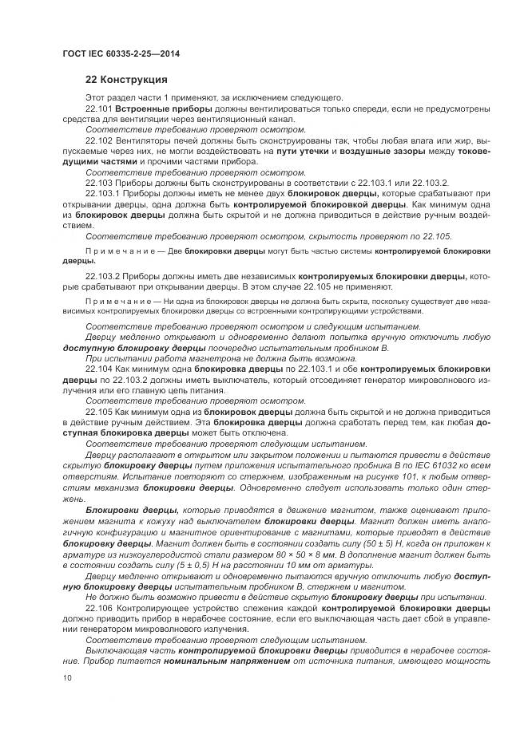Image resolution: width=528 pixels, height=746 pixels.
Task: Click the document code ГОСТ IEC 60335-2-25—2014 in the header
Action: (x=121, y=53)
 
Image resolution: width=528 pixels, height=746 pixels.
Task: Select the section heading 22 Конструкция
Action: (x=126, y=80)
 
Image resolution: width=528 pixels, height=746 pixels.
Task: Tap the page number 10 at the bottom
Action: (x=67, y=677)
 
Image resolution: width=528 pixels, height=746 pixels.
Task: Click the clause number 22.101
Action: (x=98, y=107)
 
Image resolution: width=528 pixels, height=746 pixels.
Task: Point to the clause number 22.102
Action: (x=98, y=139)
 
